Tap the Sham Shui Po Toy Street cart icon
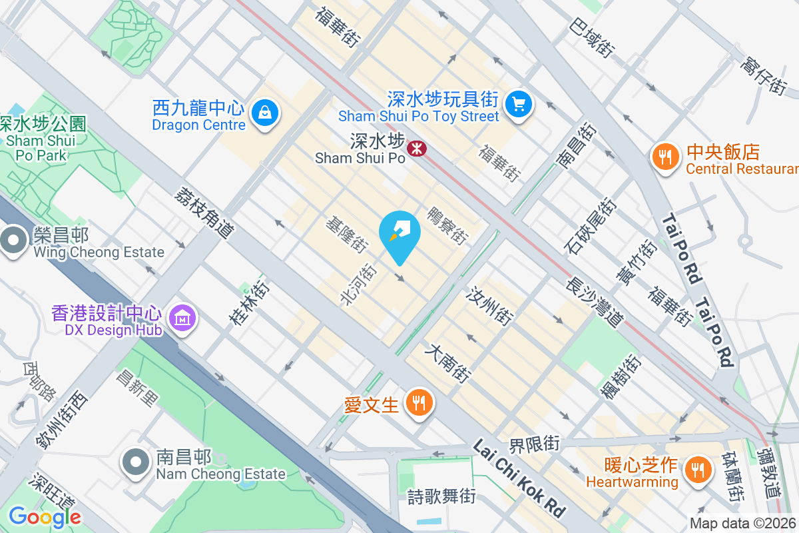point(517,104)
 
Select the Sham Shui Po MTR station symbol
point(417,149)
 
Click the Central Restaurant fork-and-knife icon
point(664,157)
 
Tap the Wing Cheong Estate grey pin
point(14,241)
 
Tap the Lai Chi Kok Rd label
point(519,478)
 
